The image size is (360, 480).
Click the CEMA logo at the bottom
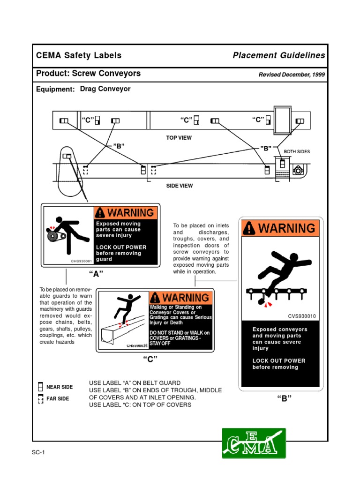(254, 442)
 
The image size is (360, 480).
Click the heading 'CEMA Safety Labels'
(79, 55)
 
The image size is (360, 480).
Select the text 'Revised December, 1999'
(292, 75)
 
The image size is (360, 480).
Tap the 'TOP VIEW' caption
(179, 138)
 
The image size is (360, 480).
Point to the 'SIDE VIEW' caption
(180, 186)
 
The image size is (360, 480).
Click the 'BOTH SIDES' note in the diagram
(297, 152)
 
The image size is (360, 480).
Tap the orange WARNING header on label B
(280, 228)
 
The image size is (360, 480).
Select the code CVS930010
(302, 316)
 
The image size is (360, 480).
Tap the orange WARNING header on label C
(180, 298)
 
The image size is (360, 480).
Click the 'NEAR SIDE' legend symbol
(41, 387)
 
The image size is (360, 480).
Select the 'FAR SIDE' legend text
(58, 398)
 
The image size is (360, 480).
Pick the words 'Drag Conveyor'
(105, 89)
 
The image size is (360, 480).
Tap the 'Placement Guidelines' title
(279, 55)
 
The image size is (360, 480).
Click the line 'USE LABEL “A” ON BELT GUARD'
(135, 383)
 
